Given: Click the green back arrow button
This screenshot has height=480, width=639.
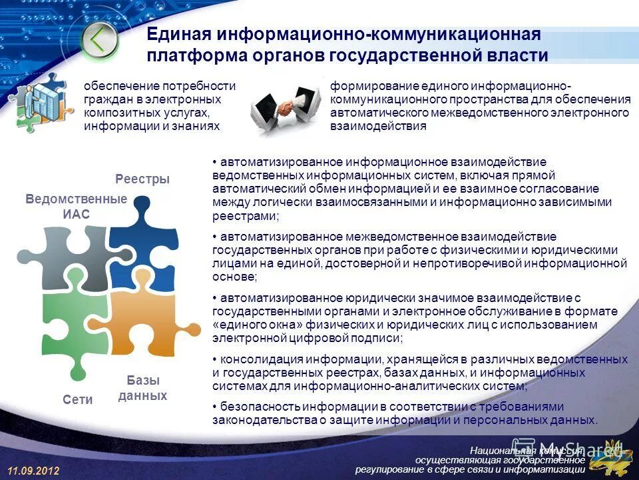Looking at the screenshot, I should (100, 41).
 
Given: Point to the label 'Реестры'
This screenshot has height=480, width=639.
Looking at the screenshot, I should (142, 179).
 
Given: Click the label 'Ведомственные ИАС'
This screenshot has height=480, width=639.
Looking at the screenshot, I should (76, 207).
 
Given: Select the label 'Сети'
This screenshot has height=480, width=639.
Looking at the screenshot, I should (78, 399).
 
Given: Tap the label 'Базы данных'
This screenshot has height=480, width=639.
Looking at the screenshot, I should (142, 388).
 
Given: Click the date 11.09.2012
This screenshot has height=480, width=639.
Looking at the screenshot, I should (34, 471).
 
